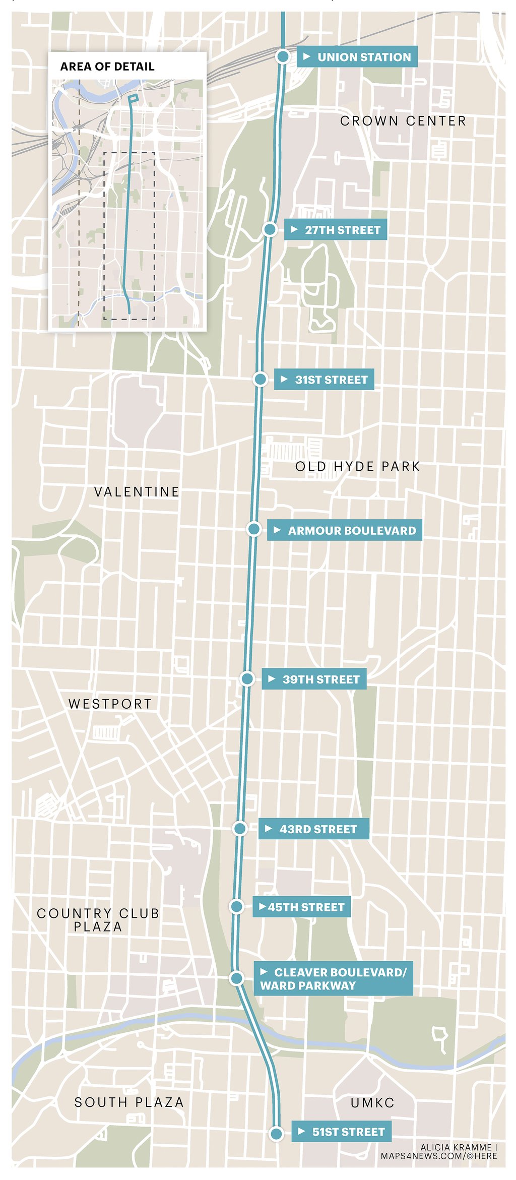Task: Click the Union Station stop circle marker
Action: point(283,56)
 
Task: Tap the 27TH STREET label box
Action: point(336,230)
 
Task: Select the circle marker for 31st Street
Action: point(260,379)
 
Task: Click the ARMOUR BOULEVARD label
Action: point(345,530)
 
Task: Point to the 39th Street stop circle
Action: point(247,679)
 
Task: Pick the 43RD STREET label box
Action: point(313,829)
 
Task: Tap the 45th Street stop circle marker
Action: point(236,907)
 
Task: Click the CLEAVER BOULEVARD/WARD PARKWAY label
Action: point(333,978)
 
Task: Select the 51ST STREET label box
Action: point(342,1132)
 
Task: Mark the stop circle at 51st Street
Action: point(276,1134)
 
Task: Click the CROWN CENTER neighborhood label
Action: point(403,121)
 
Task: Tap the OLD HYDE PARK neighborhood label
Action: point(358,466)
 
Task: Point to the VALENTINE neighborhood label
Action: point(137,491)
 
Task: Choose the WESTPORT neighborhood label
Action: point(110,704)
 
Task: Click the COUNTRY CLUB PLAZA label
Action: point(98,920)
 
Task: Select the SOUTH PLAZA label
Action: point(129,1102)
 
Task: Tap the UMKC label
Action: point(372,1103)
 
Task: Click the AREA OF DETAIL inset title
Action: point(107,67)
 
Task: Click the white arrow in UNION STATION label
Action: point(306,57)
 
